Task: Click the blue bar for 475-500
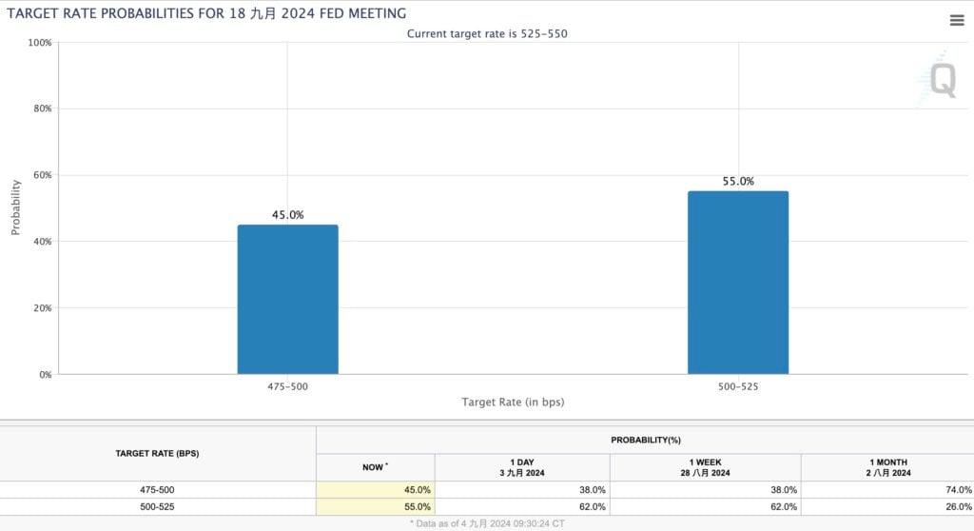coord(287,299)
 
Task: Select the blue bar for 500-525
coord(737,283)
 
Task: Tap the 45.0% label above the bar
coord(287,215)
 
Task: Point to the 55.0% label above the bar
coord(737,182)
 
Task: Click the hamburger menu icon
coord(956,20)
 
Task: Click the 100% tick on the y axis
coord(39,43)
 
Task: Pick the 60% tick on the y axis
coord(42,175)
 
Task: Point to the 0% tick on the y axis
coord(44,374)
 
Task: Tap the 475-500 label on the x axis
coord(287,387)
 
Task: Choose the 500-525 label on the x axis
coord(737,387)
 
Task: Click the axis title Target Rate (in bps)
coord(513,403)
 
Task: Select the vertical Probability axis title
coord(16,207)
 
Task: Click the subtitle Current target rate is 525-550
coord(488,33)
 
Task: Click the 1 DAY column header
coord(521,466)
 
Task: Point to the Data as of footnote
coord(487,523)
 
